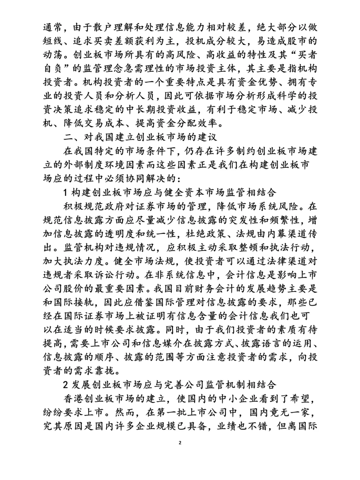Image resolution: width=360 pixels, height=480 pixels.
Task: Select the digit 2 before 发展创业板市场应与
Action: point(65,385)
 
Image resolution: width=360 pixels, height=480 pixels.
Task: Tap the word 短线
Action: point(54,41)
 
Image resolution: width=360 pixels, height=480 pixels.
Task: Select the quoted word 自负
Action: point(54,69)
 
